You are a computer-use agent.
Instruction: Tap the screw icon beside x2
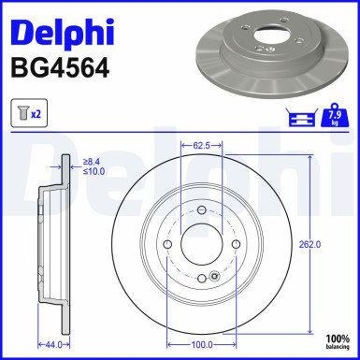coord(23,113)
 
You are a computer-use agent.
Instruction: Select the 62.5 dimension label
coord(198,147)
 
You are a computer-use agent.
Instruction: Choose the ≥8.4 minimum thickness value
coord(94,162)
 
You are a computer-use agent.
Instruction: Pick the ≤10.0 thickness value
coord(94,172)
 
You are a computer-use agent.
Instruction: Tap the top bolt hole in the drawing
coord(198,212)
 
